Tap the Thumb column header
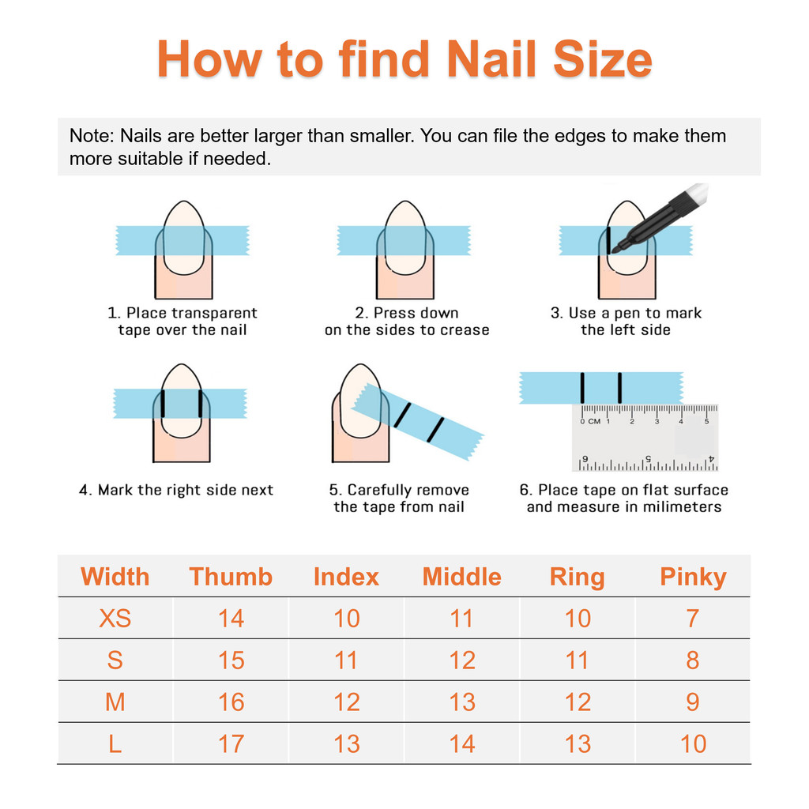pos(231,576)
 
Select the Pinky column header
pos(693,578)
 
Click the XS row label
pos(115,618)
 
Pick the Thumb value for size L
pos(231,743)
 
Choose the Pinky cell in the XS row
pos(693,618)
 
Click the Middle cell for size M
pos(461,702)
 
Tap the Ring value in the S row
pos(578,660)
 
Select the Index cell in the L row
pos(346,743)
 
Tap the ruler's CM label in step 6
pos(594,422)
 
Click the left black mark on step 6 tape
pos(582,387)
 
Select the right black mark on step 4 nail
pos(200,404)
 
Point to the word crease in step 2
pos(464,330)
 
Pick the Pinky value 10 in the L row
pos(693,743)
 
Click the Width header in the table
pos(115,576)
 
